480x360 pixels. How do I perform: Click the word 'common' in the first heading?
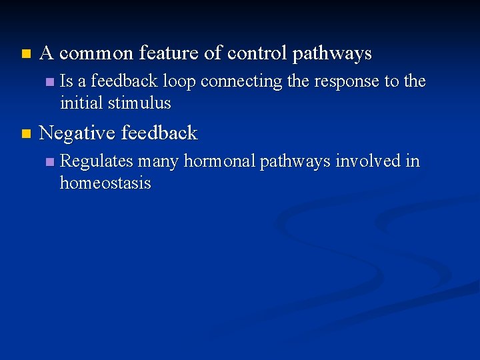[97, 53]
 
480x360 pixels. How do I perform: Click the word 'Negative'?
[75, 133]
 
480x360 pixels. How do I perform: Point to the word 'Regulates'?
[97, 162]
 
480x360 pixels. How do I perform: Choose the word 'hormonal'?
[220, 161]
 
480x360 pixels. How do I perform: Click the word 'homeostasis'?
[105, 183]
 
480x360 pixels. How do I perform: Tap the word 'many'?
[159, 162]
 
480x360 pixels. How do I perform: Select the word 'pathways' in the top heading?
[333, 54]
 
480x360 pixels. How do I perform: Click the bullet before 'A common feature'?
[25, 53]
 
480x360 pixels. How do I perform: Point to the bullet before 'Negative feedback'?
[25, 133]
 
